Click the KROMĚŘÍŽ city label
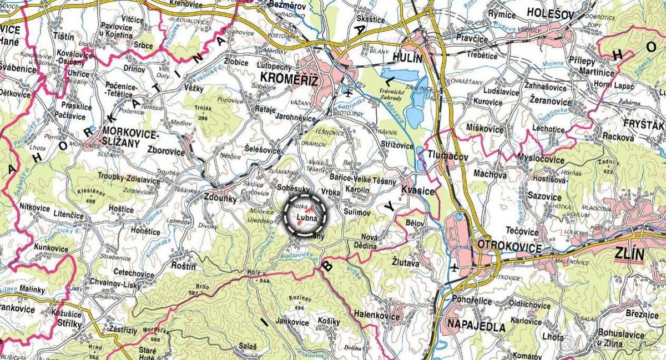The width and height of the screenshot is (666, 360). coord(286,81)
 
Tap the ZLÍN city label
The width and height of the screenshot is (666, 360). coord(629,255)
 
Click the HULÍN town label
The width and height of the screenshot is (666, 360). coord(407,58)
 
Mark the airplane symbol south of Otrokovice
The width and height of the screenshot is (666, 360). coord(454,268)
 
